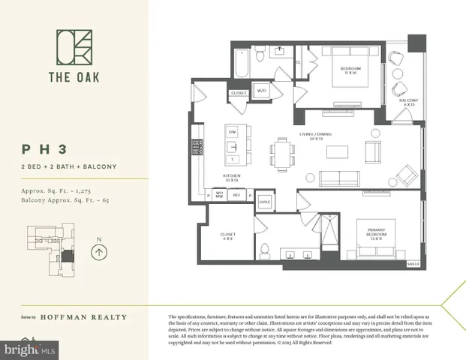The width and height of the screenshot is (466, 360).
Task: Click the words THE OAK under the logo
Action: click(74, 76)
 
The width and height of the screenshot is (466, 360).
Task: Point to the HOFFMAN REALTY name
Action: click(83, 317)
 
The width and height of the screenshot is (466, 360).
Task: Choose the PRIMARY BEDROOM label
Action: click(375, 233)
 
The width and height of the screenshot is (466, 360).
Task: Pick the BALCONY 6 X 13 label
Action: click(409, 102)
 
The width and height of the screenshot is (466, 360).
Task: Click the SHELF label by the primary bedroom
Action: click(412, 265)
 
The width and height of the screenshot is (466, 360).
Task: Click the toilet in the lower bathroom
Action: click(265, 250)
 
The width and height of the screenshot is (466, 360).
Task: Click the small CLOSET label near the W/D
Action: click(238, 93)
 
